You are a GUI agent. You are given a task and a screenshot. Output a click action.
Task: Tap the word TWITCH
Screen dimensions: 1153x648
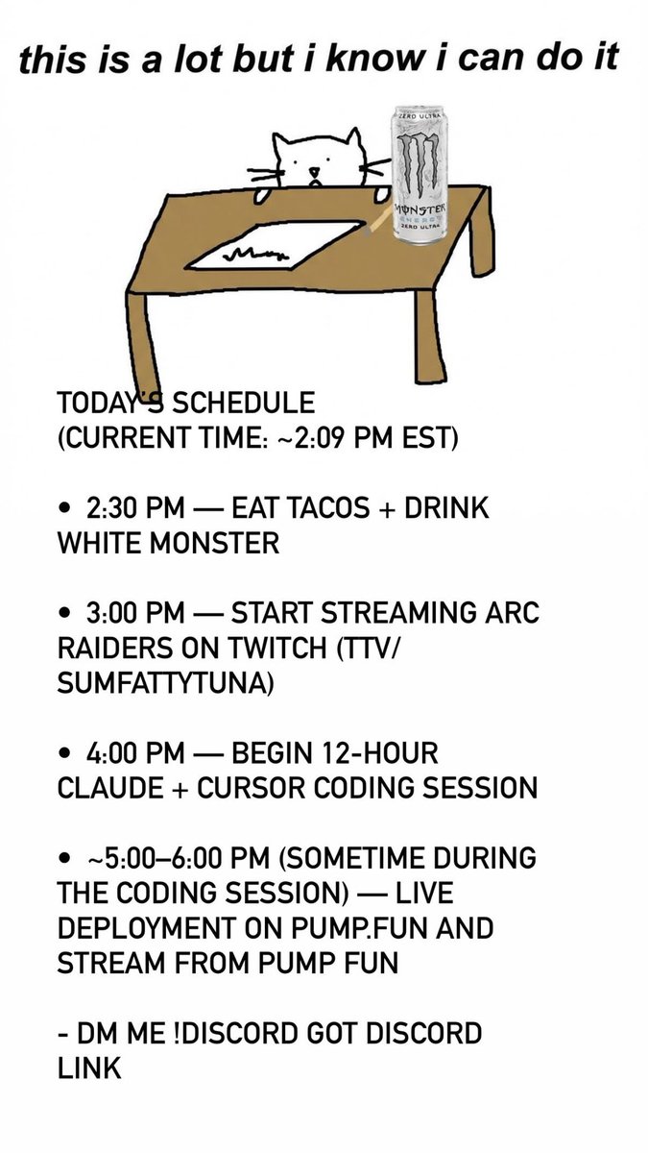[x=300, y=648]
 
